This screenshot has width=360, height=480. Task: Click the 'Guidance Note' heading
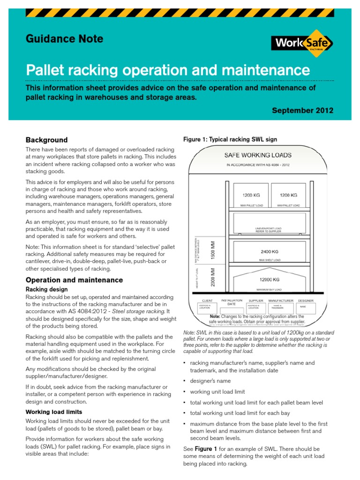tap(65, 39)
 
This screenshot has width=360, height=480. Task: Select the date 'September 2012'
tap(302, 111)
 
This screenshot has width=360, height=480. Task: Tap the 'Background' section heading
tap(46, 140)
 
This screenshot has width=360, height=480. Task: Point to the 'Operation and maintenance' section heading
tap(74, 280)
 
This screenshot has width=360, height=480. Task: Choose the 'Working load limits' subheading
tap(54, 412)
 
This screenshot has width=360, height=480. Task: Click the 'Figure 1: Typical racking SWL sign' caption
tap(230, 139)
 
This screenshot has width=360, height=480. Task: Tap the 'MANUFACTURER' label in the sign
tap(281, 300)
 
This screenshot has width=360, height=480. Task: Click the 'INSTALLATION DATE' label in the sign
tap(232, 302)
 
